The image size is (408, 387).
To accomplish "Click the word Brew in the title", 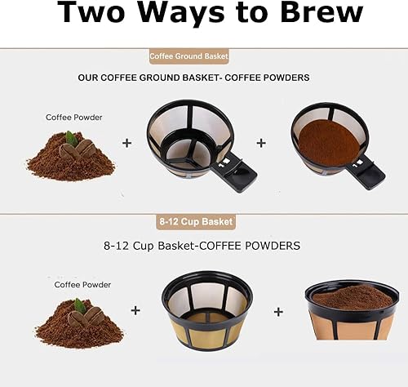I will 311,14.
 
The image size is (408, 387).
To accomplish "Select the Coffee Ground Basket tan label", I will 188,56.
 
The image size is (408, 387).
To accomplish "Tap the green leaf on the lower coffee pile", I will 81,305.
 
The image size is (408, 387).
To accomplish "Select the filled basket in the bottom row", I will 352,311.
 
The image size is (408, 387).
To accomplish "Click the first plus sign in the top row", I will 126,142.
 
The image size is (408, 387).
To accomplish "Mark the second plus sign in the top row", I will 261,142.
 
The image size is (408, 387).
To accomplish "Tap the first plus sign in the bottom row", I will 135,310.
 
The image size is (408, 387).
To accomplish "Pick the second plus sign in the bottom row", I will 278,311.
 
